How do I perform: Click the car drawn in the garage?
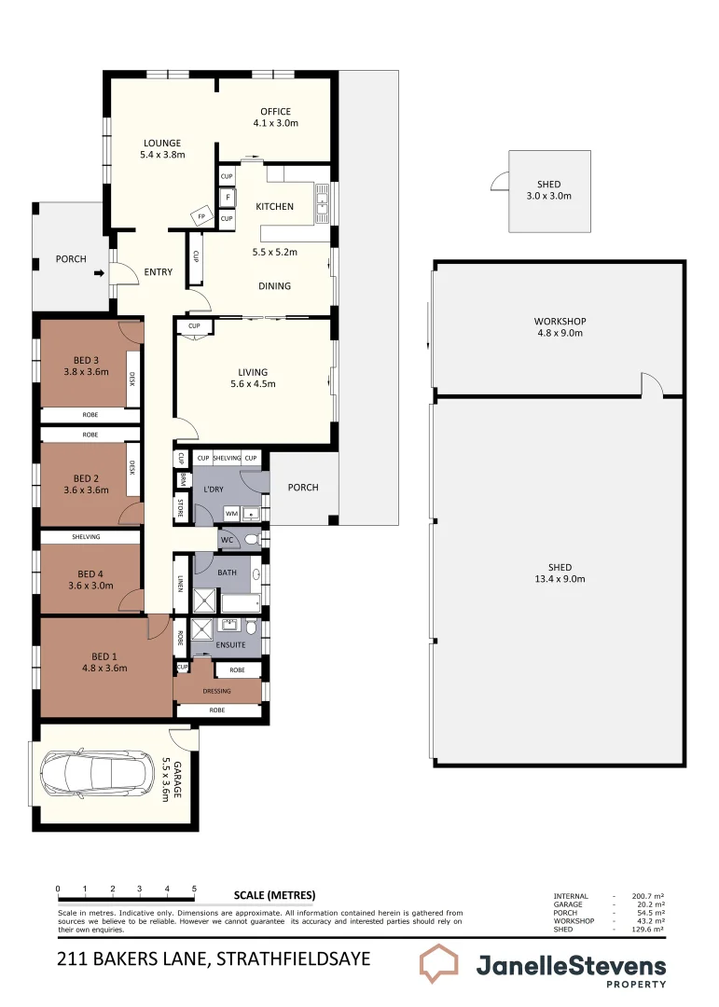pos(97,773)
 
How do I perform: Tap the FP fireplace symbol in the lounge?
pos(200,217)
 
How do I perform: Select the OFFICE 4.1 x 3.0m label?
pos(275,117)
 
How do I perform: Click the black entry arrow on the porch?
pos(96,273)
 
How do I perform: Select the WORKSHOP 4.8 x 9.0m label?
pos(560,327)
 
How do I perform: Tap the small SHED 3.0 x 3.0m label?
pos(549,190)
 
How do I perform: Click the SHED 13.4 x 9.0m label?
pos(560,573)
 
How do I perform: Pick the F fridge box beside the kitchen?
pos(227,198)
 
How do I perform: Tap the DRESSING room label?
pos(216,691)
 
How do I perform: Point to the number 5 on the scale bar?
pos(194,889)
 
